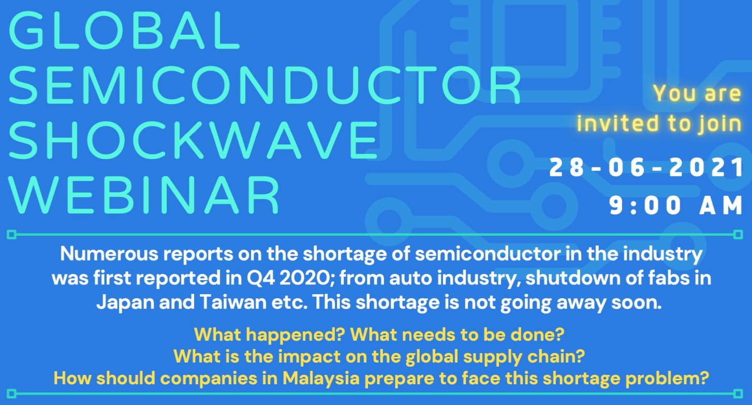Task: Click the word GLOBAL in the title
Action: click(x=124, y=31)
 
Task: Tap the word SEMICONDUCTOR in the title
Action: click(x=265, y=85)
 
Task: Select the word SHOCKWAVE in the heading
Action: click(x=194, y=140)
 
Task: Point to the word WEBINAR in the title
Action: click(x=144, y=194)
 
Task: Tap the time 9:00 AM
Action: click(x=675, y=206)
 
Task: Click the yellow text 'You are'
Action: click(x=697, y=93)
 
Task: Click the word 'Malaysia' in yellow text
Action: click(x=321, y=379)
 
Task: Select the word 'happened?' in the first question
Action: click(x=296, y=335)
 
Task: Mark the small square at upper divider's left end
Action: click(x=12, y=235)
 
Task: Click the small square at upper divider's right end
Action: click(x=738, y=235)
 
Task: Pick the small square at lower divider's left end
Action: click(x=12, y=394)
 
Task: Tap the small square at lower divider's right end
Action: click(x=738, y=394)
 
